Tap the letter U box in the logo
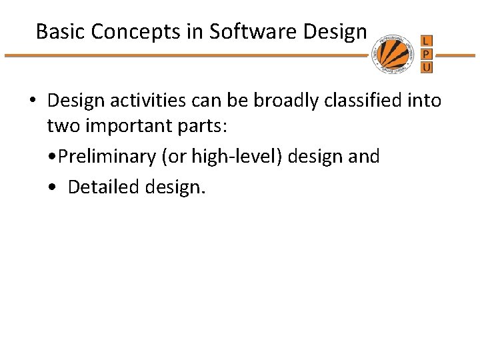click(x=427, y=67)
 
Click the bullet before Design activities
click(x=32, y=101)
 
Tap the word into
click(x=425, y=101)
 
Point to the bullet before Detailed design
click(x=53, y=188)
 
